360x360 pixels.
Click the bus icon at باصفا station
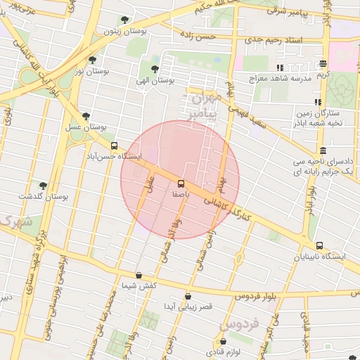point(182,181)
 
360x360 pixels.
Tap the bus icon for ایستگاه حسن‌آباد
point(114,146)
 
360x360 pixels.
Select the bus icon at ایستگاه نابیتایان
point(321,246)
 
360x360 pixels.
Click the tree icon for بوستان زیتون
point(124,20)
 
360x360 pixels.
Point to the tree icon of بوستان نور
point(93,60)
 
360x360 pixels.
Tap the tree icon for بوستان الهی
point(155,69)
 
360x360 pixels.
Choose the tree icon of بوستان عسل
point(86,116)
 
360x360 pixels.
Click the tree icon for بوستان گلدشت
point(43,186)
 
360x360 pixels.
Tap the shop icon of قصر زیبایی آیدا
point(187,296)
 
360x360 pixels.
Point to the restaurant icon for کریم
point(323,63)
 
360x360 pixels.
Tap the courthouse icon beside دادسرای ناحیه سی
point(323,150)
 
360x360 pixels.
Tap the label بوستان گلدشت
point(64,197)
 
